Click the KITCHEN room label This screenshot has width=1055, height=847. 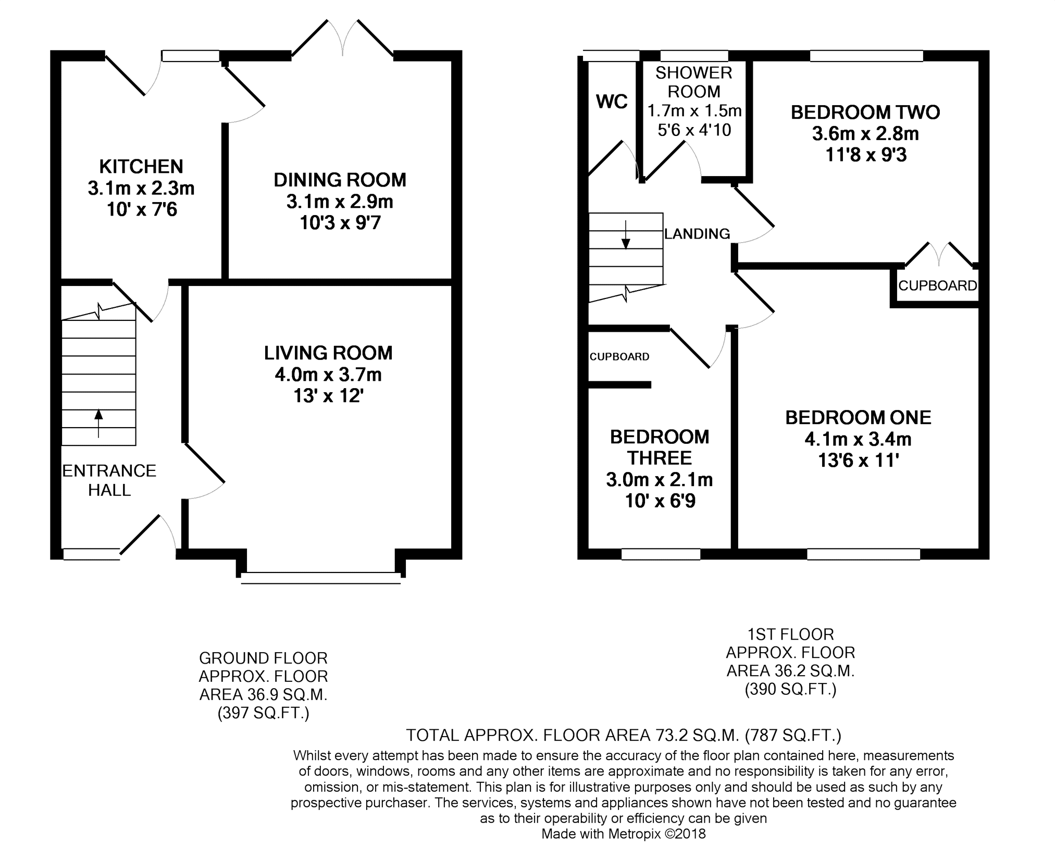coord(141,167)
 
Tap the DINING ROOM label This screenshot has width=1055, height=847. coord(340,180)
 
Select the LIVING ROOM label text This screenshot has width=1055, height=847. coord(328,353)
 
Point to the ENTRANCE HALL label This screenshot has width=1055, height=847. coord(109,480)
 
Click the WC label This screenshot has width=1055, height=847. coord(612,102)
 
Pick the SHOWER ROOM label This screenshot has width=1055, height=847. coord(694,82)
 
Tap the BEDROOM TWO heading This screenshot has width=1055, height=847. coord(865,113)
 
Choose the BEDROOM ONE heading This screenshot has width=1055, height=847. coord(858,418)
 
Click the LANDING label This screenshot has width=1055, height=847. coord(697,234)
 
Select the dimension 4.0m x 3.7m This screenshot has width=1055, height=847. coord(328,375)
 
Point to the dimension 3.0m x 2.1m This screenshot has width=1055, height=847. coord(660,480)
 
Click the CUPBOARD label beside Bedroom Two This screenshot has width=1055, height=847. coord(938,285)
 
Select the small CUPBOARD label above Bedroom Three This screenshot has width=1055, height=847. coord(619,357)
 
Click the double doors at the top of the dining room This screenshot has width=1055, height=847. coord(342,38)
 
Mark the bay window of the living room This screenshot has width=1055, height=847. coord(321,578)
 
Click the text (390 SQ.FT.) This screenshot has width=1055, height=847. coord(790,689)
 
